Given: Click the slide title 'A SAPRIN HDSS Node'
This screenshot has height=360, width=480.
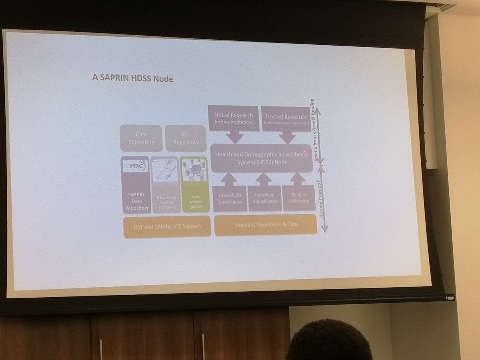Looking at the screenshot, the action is pyautogui.click(x=133, y=78).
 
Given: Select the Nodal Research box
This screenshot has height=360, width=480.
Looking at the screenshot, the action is pyautogui.click(x=234, y=118).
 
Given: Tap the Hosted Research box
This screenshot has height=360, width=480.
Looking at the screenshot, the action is pyautogui.click(x=286, y=118).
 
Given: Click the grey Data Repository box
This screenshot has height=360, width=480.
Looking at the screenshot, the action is pyautogui.click(x=141, y=138).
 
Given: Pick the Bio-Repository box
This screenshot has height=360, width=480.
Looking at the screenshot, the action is pyautogui.click(x=186, y=138).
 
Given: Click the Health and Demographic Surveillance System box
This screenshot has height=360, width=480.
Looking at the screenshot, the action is pyautogui.click(x=261, y=158).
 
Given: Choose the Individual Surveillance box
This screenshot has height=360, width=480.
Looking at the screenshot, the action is pyautogui.click(x=264, y=198).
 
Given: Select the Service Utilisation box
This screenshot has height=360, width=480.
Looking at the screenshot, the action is pyautogui.click(x=299, y=198).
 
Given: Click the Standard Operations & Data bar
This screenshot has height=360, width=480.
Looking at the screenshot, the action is pyautogui.click(x=265, y=224).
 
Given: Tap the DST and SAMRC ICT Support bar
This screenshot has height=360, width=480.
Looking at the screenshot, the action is pyautogui.click(x=168, y=226).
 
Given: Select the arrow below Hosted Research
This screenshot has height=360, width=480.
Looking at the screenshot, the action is pyautogui.click(x=286, y=137).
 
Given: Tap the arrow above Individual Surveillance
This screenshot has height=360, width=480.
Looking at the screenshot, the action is pyautogui.click(x=264, y=179).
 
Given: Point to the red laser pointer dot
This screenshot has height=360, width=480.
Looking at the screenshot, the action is pyautogui.click(x=305, y=152).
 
